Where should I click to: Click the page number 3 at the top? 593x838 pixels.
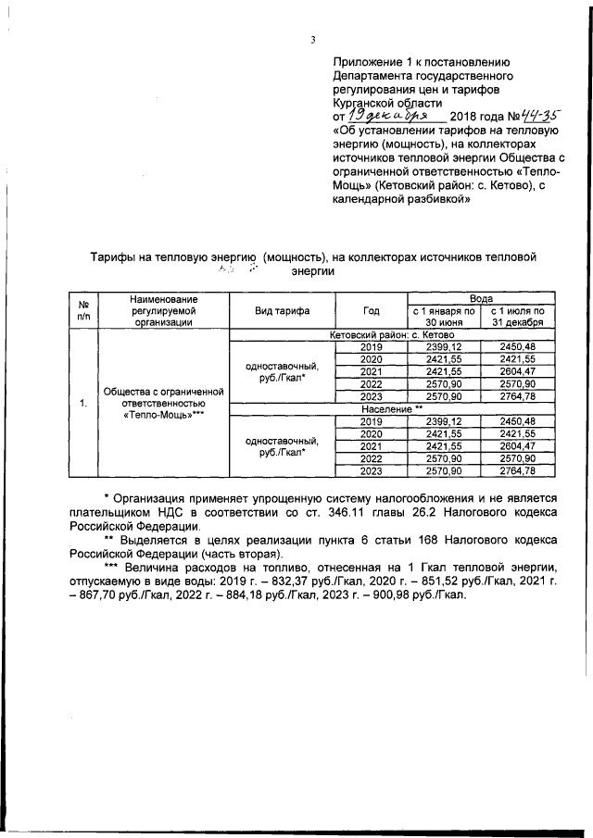pos(313,39)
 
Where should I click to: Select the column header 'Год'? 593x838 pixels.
pos(371,310)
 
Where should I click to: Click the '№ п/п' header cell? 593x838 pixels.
pos(83,310)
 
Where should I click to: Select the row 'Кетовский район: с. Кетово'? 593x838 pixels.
pos(390,334)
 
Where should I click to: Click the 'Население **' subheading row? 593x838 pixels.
pos(390,407)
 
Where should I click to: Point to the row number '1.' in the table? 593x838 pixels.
pos(83,403)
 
